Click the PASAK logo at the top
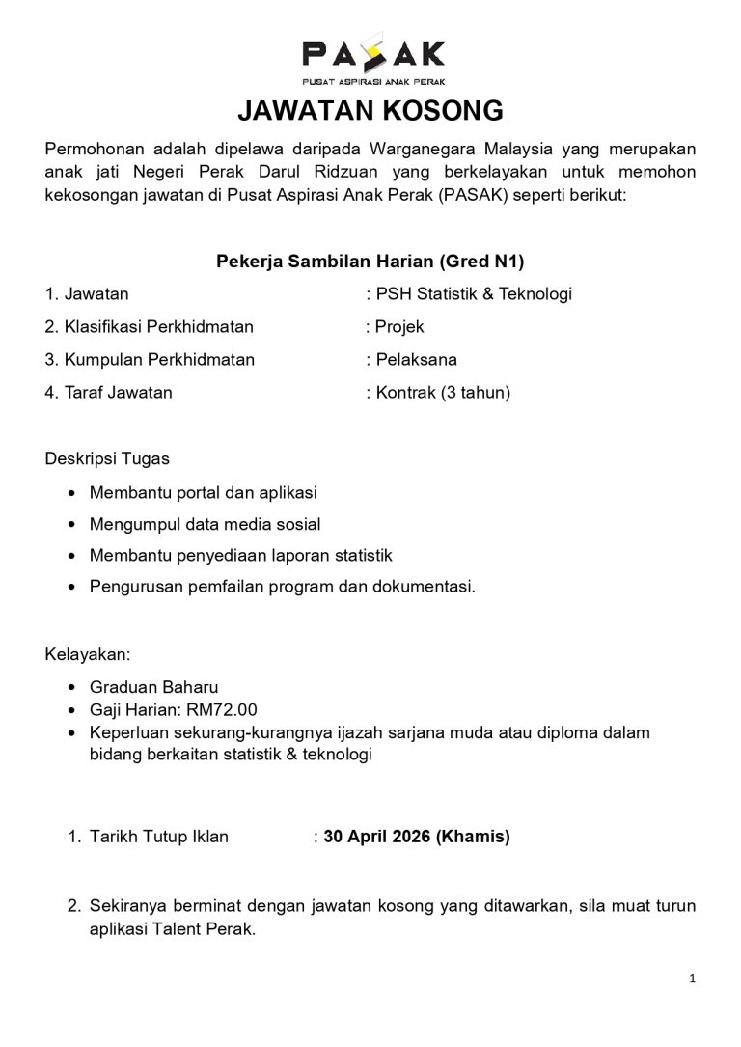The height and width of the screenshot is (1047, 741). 370,61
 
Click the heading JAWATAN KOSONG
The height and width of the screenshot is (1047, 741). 370,112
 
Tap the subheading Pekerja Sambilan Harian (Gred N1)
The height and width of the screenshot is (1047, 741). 370,262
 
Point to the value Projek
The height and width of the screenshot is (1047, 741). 399,327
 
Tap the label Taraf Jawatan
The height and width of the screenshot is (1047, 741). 109,393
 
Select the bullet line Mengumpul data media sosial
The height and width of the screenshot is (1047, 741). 205,525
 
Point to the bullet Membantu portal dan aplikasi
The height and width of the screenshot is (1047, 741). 203,493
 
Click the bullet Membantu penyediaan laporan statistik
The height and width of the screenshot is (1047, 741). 240,556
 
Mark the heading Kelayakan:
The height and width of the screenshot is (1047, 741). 87,654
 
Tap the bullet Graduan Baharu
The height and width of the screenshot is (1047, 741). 153,687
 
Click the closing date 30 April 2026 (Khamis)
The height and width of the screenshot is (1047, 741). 417,838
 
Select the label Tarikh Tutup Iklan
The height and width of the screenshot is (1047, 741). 159,838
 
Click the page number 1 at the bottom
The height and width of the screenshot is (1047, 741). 693,978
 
